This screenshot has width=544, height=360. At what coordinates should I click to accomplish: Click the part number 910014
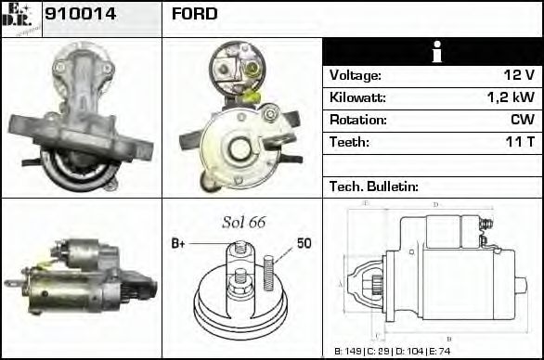point(80,14)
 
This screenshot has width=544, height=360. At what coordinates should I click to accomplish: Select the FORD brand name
point(195,14)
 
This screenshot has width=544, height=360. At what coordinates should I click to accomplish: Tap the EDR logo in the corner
point(20,18)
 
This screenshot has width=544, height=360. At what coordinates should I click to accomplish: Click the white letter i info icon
point(432,53)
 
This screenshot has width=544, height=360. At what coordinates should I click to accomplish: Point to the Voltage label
point(355,76)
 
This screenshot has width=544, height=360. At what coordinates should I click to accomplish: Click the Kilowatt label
point(357,98)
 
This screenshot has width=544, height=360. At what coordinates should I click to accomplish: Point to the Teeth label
point(349,143)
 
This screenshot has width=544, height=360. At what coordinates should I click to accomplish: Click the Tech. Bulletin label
point(374,186)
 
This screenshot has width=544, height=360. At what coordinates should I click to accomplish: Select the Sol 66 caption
point(243,223)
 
